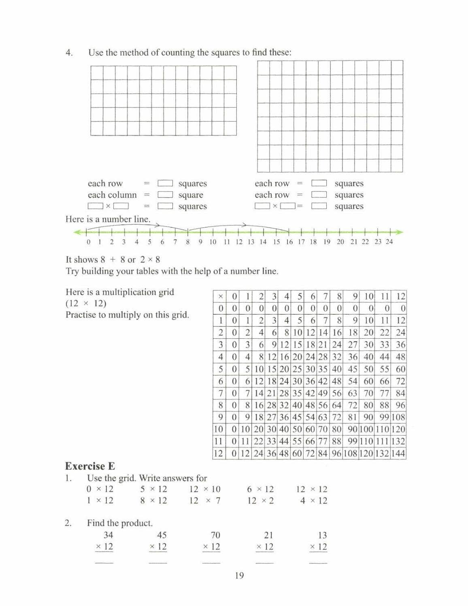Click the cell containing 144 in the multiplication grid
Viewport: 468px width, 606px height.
point(398,454)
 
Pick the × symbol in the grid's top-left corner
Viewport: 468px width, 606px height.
point(220,297)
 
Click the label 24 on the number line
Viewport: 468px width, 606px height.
point(389,242)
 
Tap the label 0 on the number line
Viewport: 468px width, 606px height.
point(89,242)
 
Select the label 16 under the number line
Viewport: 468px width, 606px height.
point(289,242)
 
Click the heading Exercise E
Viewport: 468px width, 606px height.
point(90,466)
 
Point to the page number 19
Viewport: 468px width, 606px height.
point(239,576)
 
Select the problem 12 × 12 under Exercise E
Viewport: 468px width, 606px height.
point(312,489)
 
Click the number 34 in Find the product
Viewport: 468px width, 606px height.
point(108,535)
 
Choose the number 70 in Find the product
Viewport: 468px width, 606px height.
point(215,535)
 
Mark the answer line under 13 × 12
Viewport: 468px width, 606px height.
point(318,563)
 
